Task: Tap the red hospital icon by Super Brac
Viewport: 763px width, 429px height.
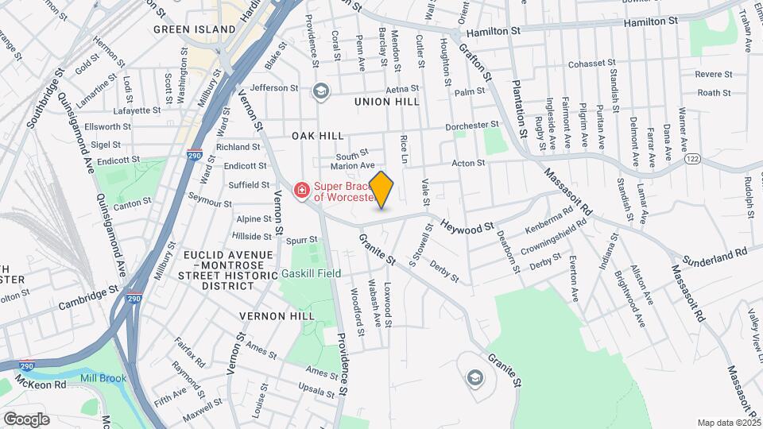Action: pos(302,190)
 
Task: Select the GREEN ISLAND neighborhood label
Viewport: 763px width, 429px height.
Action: pos(195,29)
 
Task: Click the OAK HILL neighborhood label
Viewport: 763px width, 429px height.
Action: pos(317,136)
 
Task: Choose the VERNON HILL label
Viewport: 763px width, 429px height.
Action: pos(277,315)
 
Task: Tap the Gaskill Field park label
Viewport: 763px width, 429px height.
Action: pos(312,273)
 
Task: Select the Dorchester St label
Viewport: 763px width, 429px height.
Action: pos(472,125)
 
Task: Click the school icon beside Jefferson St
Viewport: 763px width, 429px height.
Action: pos(320,91)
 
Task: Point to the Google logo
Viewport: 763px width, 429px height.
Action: pos(27,419)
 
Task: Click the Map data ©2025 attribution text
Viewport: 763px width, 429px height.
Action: pos(728,423)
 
